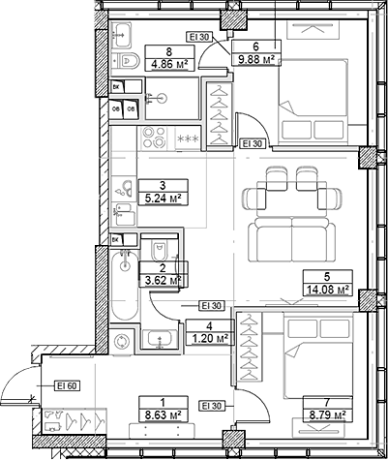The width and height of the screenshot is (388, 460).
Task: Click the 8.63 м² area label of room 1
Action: tap(164, 414)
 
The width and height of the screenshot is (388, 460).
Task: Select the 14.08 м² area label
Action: tap(327, 289)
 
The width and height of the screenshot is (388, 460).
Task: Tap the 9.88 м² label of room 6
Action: tap(256, 59)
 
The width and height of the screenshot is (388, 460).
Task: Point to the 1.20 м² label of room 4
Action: tap(210, 338)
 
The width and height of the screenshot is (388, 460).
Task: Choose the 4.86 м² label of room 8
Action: tap(170, 64)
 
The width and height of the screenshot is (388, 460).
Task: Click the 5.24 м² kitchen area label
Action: tap(163, 199)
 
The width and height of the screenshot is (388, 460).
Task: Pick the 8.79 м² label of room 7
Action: tap(327, 414)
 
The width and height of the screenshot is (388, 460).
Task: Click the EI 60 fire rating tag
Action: tap(68, 385)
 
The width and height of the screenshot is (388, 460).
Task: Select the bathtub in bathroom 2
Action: tap(125, 286)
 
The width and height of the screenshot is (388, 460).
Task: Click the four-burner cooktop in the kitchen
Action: tap(154, 138)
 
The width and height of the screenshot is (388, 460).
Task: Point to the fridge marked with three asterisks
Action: tap(189, 138)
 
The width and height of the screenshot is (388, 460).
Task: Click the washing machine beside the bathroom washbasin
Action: tap(122, 341)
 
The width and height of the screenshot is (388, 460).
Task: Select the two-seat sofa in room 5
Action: tap(291, 239)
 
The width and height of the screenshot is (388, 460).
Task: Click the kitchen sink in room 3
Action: tap(125, 188)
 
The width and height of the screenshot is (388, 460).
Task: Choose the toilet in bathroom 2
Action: tap(160, 249)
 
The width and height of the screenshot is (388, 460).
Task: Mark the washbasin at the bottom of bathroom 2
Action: tap(160, 339)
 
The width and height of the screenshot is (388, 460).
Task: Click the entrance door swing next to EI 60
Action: tap(19, 384)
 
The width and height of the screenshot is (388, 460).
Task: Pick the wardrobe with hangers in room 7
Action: tap(250, 348)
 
